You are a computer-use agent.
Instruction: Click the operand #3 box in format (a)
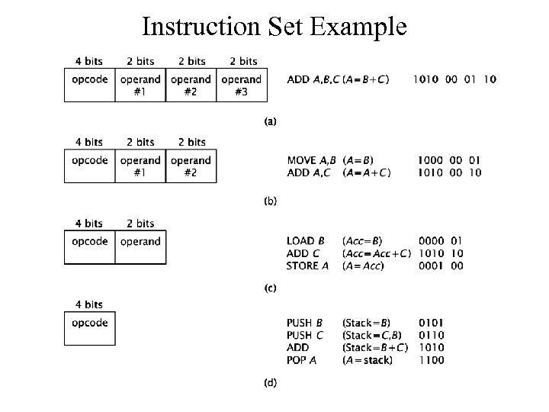pyautogui.click(x=242, y=85)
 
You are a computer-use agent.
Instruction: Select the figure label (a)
pyautogui.click(x=271, y=121)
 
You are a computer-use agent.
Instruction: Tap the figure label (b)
pyautogui.click(x=271, y=201)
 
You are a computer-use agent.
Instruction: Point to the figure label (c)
pyautogui.click(x=271, y=289)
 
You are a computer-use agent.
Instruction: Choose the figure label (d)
pyautogui.click(x=271, y=381)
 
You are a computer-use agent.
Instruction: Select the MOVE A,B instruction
pyautogui.click(x=311, y=160)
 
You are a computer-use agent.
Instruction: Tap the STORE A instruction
pyautogui.click(x=308, y=266)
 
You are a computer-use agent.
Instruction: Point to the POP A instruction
pyautogui.click(x=302, y=359)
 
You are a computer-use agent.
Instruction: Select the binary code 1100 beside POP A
pyautogui.click(x=431, y=359)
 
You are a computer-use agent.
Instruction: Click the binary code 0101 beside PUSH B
pyautogui.click(x=431, y=323)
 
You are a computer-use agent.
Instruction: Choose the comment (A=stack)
pyautogui.click(x=368, y=359)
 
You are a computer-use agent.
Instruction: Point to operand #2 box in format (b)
pyautogui.click(x=191, y=166)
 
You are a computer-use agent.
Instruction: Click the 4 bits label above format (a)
pyautogui.click(x=89, y=61)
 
